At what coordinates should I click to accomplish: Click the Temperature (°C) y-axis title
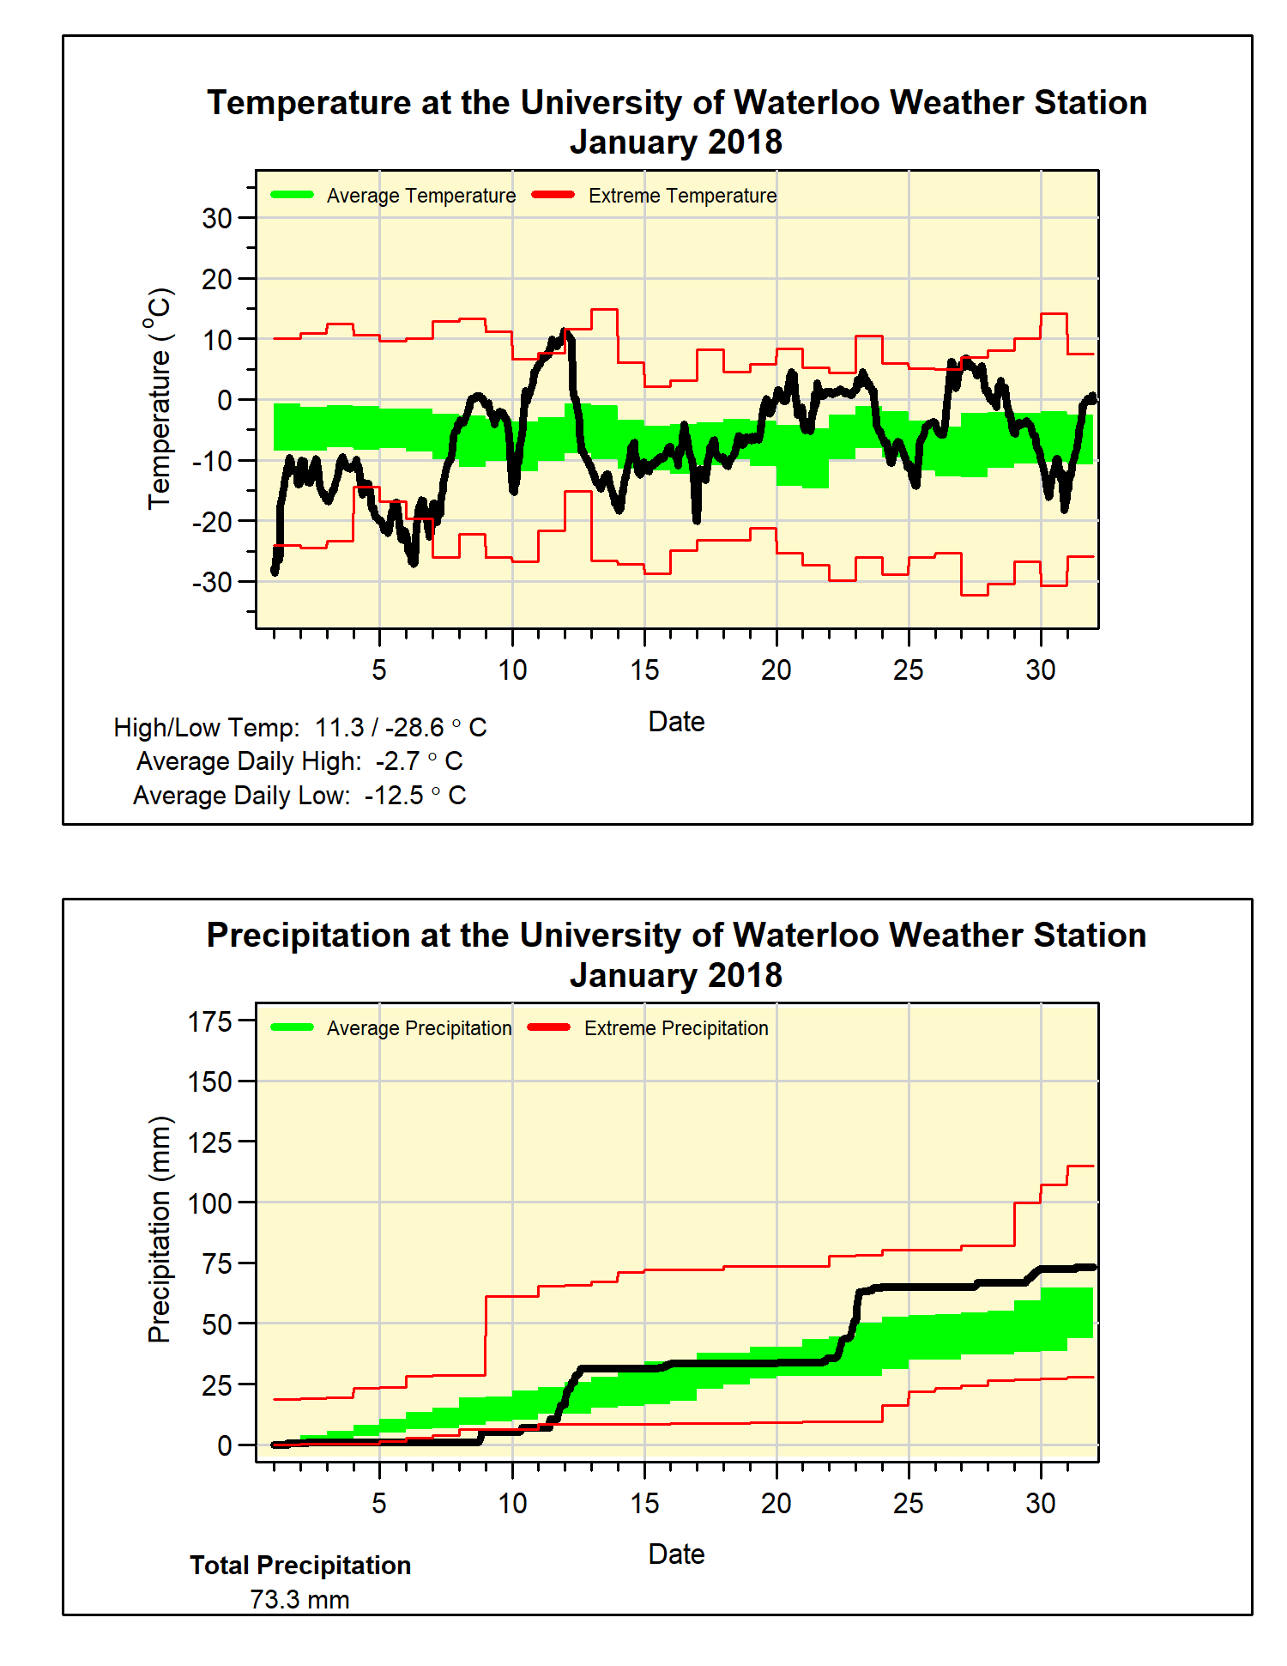point(160,399)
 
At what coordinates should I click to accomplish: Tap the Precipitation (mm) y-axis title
point(160,1229)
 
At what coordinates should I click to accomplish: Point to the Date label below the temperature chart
point(676,722)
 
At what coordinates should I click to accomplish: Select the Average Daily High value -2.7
point(397,761)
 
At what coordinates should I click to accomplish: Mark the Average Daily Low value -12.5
point(394,796)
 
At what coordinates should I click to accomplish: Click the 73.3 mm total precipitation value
point(299,1600)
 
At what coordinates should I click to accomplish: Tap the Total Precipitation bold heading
point(300,1566)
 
